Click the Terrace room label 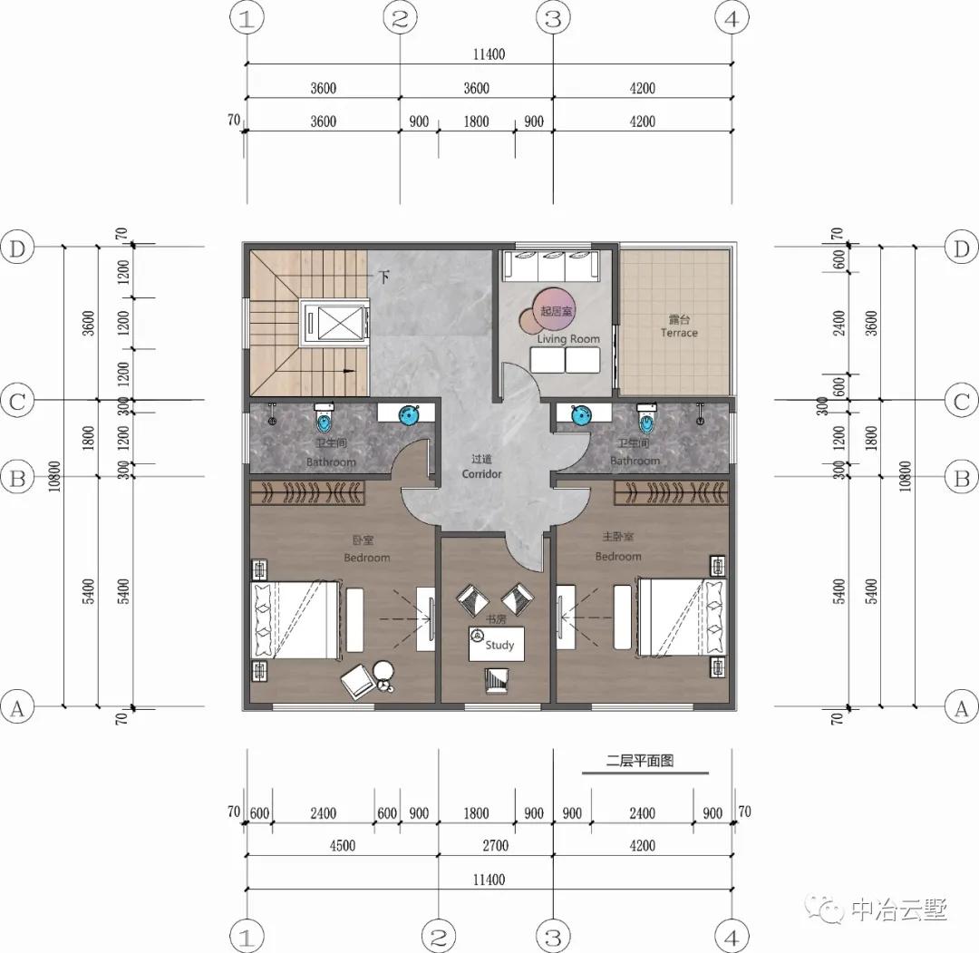point(678,327)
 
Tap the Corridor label point(481,468)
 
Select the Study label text point(499,645)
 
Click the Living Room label point(568,338)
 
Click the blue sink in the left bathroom point(409,415)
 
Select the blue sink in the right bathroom point(581,415)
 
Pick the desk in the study point(497,643)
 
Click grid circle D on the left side point(18,248)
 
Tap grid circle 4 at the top point(732,18)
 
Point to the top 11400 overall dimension point(488,54)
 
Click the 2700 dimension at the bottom point(495,846)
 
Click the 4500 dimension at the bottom point(342,846)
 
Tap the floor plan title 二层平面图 point(640,762)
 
